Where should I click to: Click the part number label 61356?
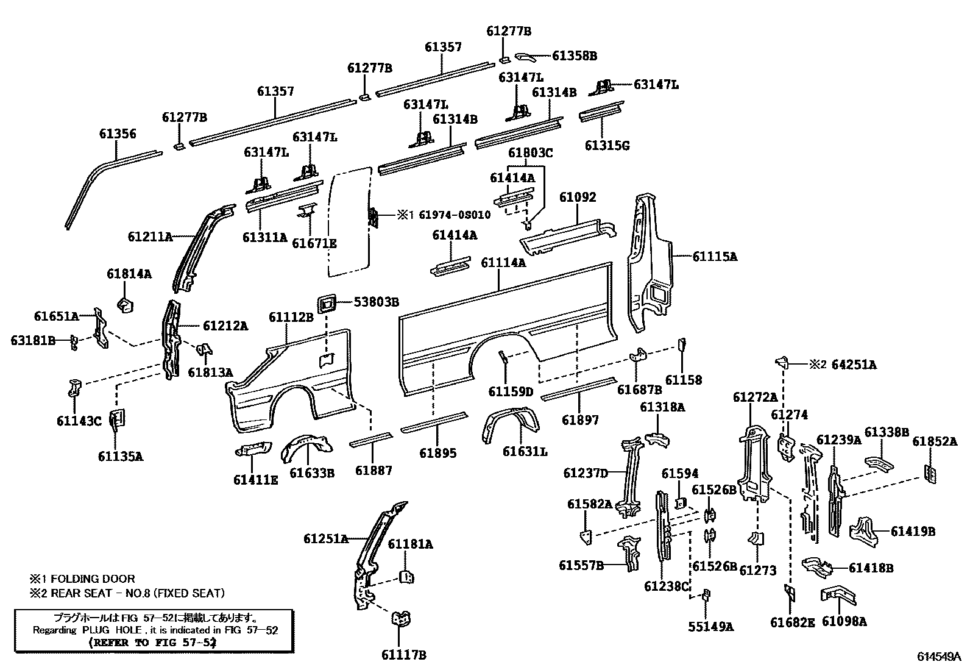(x=118, y=134)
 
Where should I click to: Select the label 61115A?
(x=715, y=257)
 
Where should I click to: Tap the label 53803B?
(x=377, y=301)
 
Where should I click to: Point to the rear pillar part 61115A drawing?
(x=649, y=262)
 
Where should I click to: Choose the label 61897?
(x=580, y=419)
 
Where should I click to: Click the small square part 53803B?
(x=328, y=303)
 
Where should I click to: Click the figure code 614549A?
(x=939, y=657)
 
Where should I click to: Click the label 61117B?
(x=403, y=655)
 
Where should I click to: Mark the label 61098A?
(x=844, y=621)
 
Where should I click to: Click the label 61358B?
(x=574, y=55)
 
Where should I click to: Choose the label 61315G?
(x=607, y=145)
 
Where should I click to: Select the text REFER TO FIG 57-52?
(x=152, y=642)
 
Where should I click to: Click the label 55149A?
(x=711, y=626)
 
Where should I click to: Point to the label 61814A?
(x=129, y=274)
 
